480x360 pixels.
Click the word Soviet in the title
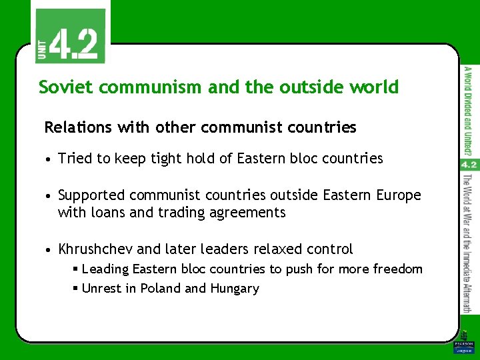[62, 87]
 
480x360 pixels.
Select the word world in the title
[374, 87]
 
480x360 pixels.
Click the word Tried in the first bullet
[74, 159]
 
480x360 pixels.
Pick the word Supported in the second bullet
[91, 195]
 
